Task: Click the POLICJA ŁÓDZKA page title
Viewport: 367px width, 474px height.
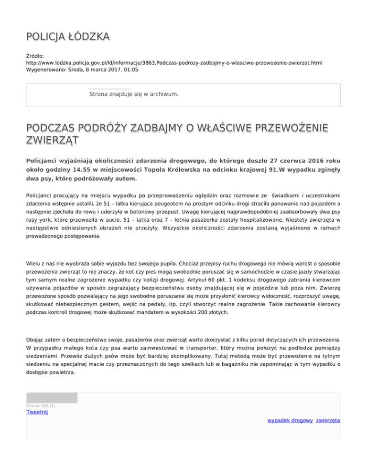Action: click(x=68, y=37)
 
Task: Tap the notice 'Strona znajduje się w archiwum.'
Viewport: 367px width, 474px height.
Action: click(x=134, y=94)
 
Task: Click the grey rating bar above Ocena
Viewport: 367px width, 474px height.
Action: click(x=52, y=398)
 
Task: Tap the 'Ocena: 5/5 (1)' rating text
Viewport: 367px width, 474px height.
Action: click(x=41, y=406)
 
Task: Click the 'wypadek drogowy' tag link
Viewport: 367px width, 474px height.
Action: click(x=290, y=421)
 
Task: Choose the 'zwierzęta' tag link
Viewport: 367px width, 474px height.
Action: click(x=328, y=421)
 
